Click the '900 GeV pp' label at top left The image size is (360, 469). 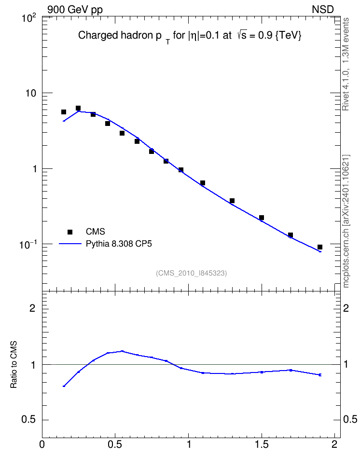[75, 10]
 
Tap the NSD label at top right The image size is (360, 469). [322, 10]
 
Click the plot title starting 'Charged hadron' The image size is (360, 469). [190, 36]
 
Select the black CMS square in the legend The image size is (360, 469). [70, 232]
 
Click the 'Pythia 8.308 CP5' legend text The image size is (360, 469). [119, 244]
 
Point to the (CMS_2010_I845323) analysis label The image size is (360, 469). [191, 273]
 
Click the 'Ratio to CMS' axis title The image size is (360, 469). [14, 364]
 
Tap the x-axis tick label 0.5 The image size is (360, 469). [115, 444]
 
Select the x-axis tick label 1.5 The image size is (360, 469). [262, 444]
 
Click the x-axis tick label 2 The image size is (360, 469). [334, 444]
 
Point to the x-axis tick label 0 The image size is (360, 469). [42, 444]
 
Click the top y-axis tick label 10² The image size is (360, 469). [28, 18]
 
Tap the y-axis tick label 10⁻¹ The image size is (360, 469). [28, 245]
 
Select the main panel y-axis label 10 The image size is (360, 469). [30, 93]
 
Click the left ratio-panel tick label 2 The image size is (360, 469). [32, 308]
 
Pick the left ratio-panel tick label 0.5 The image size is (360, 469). [28, 419]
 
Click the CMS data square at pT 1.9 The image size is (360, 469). [320, 247]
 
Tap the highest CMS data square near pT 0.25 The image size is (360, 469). [78, 108]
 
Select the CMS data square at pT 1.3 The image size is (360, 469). [232, 201]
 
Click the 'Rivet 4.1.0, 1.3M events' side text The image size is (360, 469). [346, 64]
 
